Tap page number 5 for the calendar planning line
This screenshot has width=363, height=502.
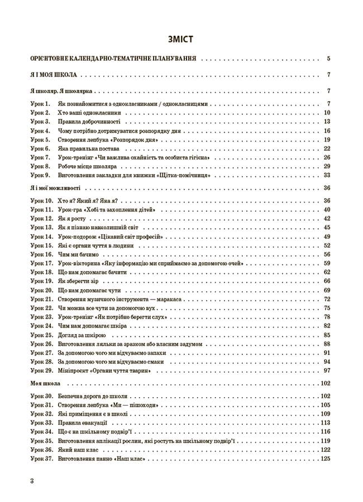pos(329,58)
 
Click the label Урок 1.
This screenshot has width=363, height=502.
pos(40,104)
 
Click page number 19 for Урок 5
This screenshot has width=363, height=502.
pos(327,139)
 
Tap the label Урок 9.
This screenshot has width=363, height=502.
pos(40,175)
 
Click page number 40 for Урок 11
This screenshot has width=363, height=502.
pos(327,210)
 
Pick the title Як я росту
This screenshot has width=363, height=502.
pos(74,219)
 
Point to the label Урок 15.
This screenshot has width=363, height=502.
pos(41,245)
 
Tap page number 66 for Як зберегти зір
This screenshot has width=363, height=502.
pos(327,281)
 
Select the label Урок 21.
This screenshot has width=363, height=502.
pos(41,299)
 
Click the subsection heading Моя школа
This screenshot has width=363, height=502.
pos(47,383)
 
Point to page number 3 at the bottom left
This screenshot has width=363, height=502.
pos(32,480)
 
